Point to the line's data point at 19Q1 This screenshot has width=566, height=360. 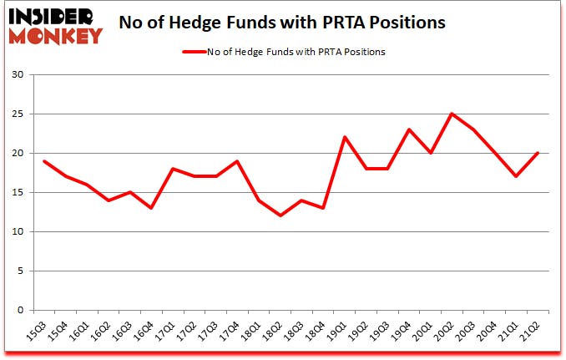click(344, 138)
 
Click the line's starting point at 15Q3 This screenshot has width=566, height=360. click(43, 161)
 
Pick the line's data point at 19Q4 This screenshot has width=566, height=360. click(409, 129)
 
